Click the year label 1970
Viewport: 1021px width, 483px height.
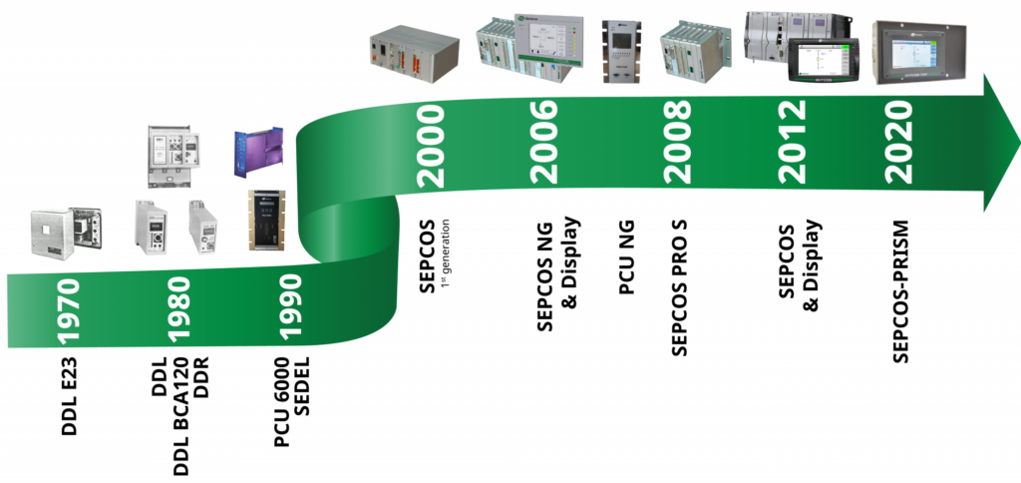pyautogui.click(x=69, y=310)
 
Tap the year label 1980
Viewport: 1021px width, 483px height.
pyautogui.click(x=179, y=310)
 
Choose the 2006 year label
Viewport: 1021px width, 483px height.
pyautogui.click(x=544, y=142)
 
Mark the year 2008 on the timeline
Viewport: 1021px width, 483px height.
pyautogui.click(x=677, y=142)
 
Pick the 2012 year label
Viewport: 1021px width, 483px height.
pyautogui.click(x=792, y=142)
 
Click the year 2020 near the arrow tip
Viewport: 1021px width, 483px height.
pyautogui.click(x=900, y=142)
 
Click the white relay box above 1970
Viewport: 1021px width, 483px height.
pyautogui.click(x=66, y=234)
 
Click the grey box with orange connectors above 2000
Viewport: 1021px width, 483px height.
pyautogui.click(x=413, y=55)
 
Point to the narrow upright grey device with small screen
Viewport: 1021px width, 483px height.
pyautogui.click(x=621, y=51)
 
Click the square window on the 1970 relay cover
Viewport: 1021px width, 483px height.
pyautogui.click(x=49, y=234)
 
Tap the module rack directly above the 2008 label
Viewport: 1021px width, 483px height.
pyautogui.click(x=696, y=52)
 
